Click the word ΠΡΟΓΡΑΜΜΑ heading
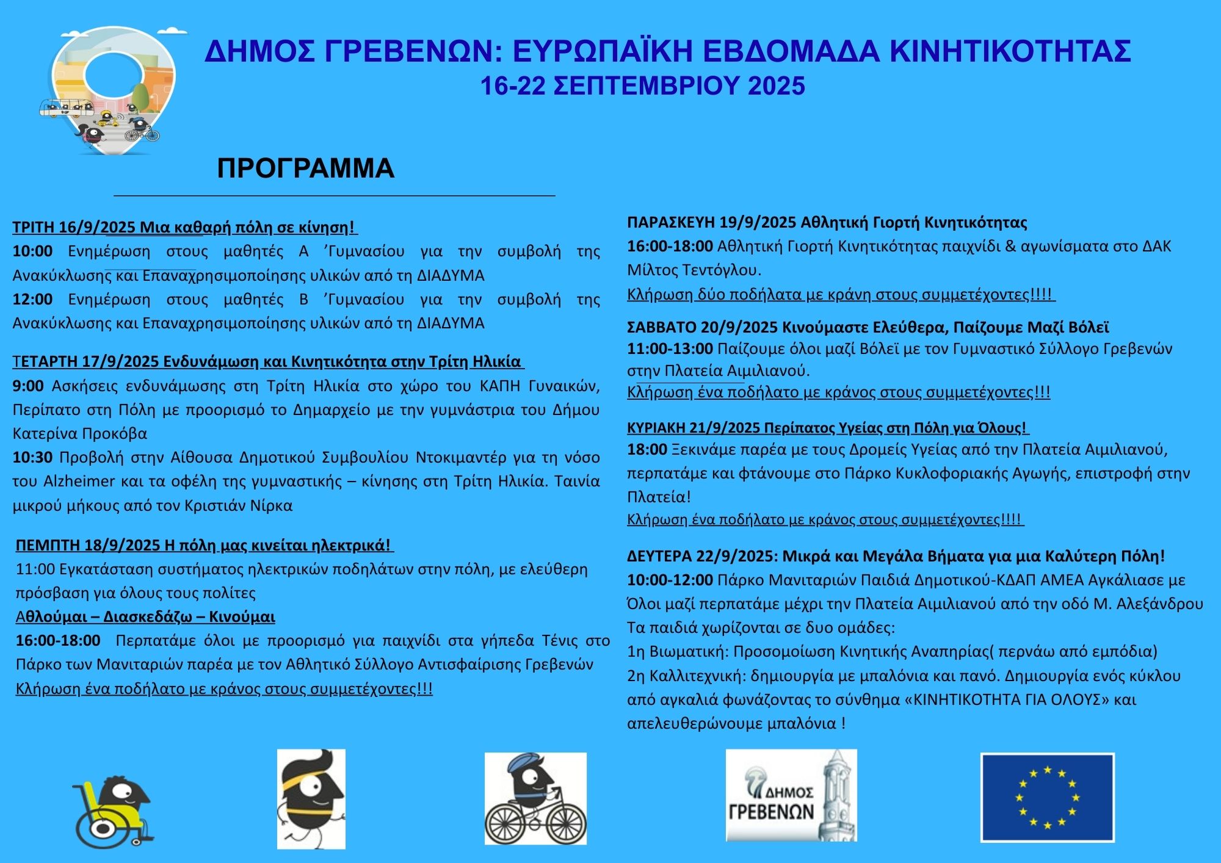pyautogui.click(x=305, y=168)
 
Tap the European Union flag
pyautogui.click(x=1047, y=798)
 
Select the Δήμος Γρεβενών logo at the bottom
pyautogui.click(x=791, y=795)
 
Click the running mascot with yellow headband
pyautogui.click(x=311, y=798)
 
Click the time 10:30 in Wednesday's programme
pyautogui.click(x=32, y=457)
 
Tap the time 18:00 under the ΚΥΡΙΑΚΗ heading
pyautogui.click(x=647, y=449)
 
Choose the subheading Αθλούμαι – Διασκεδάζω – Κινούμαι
pyautogui.click(x=145, y=616)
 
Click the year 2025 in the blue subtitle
pyautogui.click(x=776, y=86)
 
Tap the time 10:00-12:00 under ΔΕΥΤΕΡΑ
pyautogui.click(x=670, y=580)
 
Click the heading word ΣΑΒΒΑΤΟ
pyautogui.click(x=661, y=327)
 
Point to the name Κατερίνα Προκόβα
pyautogui.click(x=80, y=433)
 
